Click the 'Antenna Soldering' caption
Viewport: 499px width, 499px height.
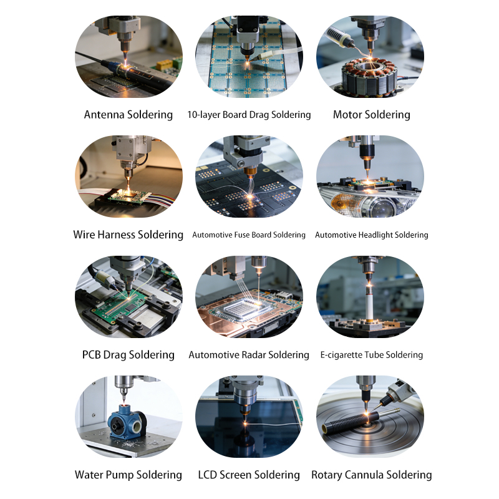[128, 115]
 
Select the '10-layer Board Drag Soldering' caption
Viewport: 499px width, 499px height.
[249, 115]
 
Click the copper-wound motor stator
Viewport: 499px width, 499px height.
[369, 76]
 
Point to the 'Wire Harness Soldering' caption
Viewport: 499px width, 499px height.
[128, 235]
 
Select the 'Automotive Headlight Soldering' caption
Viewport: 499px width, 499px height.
[371, 235]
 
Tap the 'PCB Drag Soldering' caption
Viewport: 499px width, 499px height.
[128, 354]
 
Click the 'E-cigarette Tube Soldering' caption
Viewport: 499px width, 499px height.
[371, 355]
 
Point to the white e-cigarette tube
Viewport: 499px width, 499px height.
[369, 303]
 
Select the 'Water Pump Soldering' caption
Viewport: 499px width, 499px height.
[128, 475]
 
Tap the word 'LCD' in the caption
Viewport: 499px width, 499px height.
[208, 475]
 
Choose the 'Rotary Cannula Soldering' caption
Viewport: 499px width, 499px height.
[371, 475]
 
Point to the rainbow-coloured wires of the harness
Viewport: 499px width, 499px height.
[160, 198]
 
